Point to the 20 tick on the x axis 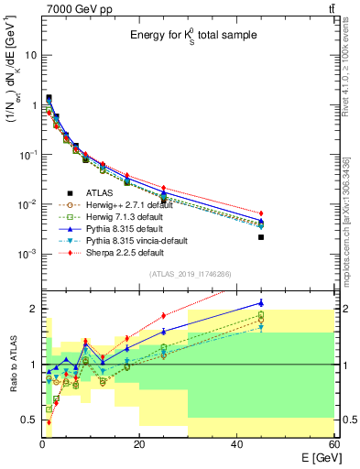point(139,444)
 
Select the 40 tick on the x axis point(236,444)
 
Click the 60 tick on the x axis point(333,444)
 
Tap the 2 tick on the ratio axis point(35,309)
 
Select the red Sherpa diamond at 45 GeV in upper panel point(261,213)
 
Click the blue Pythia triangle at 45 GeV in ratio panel point(261,303)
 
